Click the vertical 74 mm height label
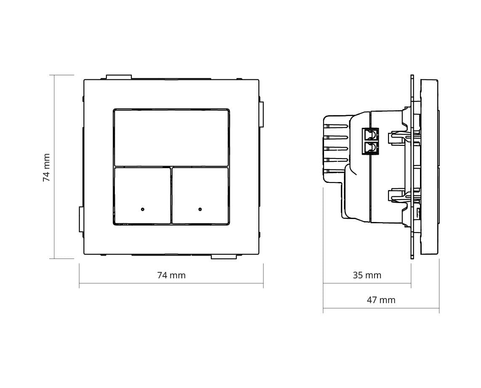46,168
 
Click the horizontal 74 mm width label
171,275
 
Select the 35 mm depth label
367,275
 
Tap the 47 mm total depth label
381,300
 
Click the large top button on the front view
171,138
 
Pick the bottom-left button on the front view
142,195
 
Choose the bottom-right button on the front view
200,195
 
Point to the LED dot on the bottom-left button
142,209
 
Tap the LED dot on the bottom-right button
200,209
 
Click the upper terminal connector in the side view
371,134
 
